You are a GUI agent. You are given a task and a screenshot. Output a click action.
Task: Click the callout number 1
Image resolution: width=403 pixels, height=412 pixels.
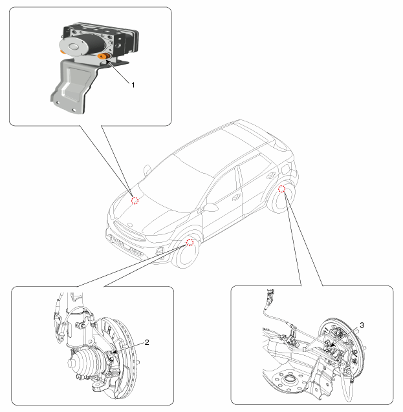(x=133, y=85)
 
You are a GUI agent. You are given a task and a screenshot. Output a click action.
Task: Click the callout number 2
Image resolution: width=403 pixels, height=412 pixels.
(x=147, y=342)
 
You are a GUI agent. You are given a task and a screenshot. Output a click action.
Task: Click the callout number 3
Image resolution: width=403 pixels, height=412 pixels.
(x=362, y=325)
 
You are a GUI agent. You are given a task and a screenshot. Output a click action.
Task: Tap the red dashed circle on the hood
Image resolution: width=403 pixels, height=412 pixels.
(x=135, y=200)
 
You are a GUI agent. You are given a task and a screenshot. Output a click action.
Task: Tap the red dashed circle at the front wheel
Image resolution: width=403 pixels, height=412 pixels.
(x=190, y=242)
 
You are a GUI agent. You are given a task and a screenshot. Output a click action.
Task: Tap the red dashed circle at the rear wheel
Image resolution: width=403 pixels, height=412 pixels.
(x=281, y=189)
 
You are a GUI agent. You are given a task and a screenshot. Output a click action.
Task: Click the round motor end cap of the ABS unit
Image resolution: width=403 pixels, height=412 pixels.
(x=73, y=46)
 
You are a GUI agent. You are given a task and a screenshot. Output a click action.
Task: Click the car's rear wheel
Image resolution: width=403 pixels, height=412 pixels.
(x=281, y=199)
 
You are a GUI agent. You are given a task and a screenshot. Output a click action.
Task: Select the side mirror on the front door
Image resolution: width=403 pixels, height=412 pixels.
(x=210, y=207)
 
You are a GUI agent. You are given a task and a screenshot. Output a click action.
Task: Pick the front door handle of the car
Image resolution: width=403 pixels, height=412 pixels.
(x=236, y=196)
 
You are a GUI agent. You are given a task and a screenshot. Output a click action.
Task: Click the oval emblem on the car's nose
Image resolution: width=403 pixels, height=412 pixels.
(x=129, y=225)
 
